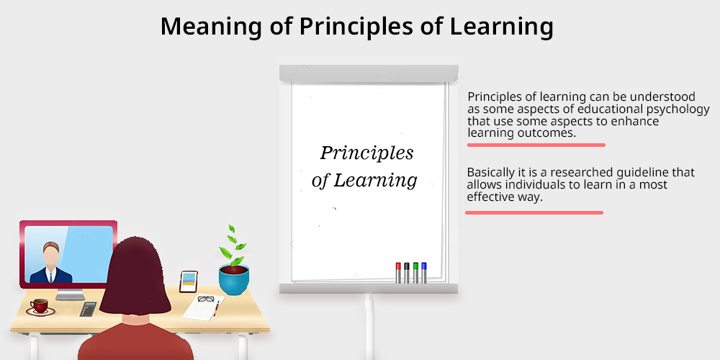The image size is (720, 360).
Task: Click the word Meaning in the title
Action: coord(211,27)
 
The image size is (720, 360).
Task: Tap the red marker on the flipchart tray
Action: coord(398,273)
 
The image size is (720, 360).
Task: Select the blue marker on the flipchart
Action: coord(424,273)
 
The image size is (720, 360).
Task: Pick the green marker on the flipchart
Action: coord(415,273)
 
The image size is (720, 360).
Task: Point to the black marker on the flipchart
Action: coord(406,273)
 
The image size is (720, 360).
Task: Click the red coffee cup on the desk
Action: coord(40,307)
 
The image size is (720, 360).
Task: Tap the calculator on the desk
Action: coord(88,309)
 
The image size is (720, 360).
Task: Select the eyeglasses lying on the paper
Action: coord(206,299)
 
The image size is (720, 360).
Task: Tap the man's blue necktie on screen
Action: coord(51,276)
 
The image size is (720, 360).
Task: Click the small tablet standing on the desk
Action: coord(188,282)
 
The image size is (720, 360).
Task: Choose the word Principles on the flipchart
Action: coord(367,153)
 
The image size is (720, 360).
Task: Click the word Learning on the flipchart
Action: coord(375,181)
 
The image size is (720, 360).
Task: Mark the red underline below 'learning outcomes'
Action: coord(536,145)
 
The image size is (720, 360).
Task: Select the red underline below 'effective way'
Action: coord(534,212)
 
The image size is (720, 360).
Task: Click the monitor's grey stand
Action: coord(70,294)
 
